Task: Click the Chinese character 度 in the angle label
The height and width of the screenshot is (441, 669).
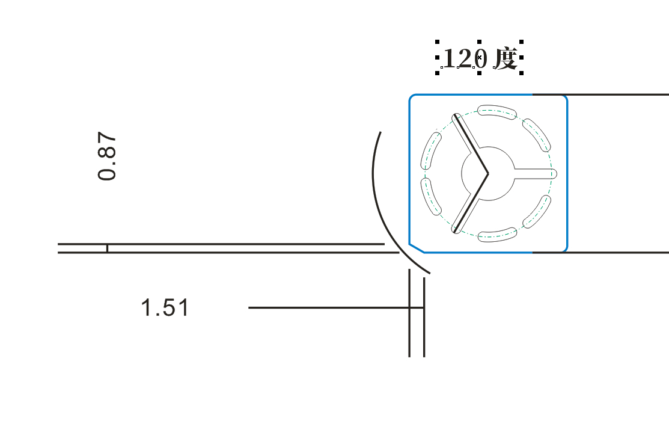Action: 506,58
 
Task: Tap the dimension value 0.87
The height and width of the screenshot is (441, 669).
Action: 106,156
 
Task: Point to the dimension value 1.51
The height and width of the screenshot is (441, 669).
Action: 165,307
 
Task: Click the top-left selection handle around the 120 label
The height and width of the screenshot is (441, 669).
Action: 438,42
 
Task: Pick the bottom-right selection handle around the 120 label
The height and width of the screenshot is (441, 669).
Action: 521,73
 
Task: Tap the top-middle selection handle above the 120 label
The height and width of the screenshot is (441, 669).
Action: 479,42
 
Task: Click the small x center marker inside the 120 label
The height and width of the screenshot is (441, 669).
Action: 479,57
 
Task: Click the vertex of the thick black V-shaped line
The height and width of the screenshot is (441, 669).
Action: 487,173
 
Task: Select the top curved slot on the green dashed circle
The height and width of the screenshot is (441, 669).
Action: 496,111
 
